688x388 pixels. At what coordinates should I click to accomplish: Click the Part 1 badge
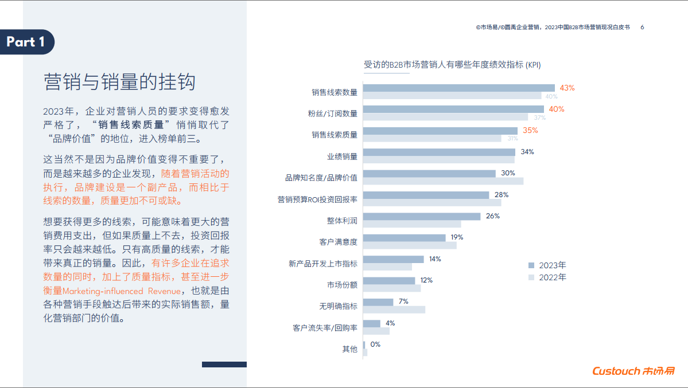(x=26, y=42)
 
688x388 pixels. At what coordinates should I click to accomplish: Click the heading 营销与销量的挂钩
(x=119, y=82)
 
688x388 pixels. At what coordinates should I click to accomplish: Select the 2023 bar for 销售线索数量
(x=458, y=88)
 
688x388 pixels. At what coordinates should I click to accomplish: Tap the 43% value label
(x=567, y=88)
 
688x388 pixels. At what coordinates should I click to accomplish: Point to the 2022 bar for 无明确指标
(x=394, y=309)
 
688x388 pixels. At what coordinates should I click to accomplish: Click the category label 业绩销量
(x=342, y=156)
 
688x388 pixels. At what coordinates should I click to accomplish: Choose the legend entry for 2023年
(x=547, y=265)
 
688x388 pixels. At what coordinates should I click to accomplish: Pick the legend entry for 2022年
(x=547, y=277)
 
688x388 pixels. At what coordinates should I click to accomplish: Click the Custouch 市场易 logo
(x=633, y=371)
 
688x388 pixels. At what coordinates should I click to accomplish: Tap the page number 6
(x=642, y=27)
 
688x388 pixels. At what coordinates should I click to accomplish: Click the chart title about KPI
(x=452, y=65)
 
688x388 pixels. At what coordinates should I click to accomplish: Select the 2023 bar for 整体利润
(x=422, y=216)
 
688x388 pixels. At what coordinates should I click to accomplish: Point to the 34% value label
(x=527, y=152)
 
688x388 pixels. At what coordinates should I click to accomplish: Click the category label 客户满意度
(x=338, y=242)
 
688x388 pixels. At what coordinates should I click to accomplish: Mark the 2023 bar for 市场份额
(x=389, y=281)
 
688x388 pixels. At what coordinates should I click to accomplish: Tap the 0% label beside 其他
(x=375, y=344)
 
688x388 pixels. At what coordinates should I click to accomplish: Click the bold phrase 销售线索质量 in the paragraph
(x=134, y=124)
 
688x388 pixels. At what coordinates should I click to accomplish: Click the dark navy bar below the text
(x=224, y=365)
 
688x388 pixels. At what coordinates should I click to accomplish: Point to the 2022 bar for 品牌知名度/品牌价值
(x=443, y=181)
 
